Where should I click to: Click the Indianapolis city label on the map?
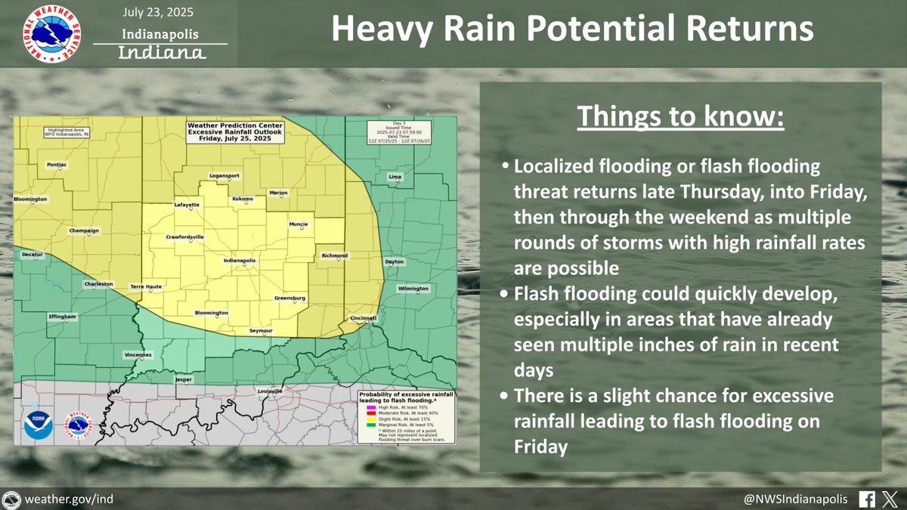tap(240, 261)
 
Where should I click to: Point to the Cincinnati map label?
tap(363, 318)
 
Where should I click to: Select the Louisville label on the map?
tap(269, 391)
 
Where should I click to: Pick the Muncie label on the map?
tap(299, 224)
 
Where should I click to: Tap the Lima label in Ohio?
tap(394, 176)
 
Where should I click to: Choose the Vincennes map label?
tap(138, 354)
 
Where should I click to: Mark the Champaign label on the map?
tap(84, 230)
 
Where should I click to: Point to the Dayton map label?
tap(395, 261)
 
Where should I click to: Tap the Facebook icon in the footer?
tap(868, 499)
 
